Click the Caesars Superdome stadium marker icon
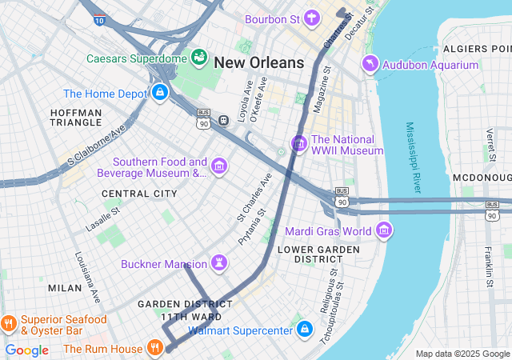198,58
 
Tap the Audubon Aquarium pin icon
370,63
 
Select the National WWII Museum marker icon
299,144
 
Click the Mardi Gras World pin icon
384,230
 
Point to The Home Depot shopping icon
159,93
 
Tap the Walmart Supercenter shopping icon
304,329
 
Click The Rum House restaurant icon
155,348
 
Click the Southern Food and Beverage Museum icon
219,166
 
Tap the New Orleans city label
259,62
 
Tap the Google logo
27,350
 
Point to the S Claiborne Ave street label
97,144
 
